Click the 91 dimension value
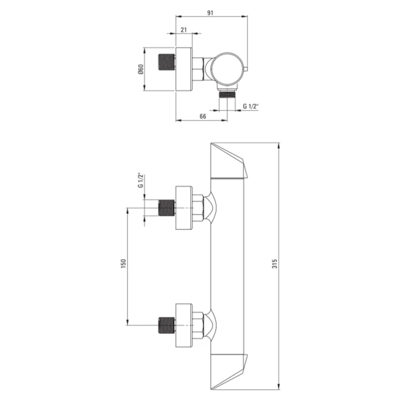pos(210,13)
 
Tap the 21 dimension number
pos(184,30)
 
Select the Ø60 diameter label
pos(141,69)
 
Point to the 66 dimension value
pos(203,117)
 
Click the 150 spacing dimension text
pos(124,264)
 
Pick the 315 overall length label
pos(275,264)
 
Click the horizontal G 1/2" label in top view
pos(251,106)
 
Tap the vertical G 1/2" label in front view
pos(141,180)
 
